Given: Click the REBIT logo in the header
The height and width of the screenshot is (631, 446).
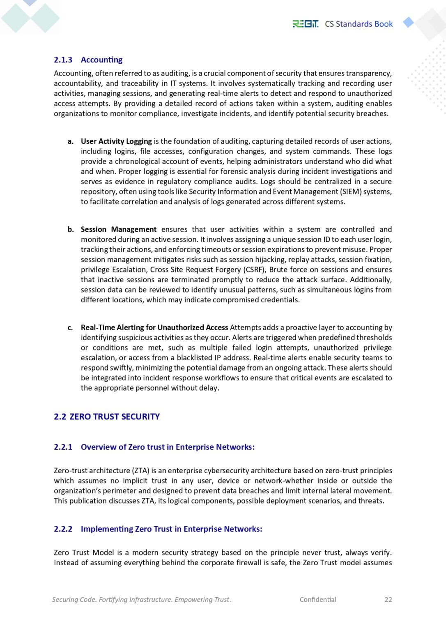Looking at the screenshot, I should coord(305,24).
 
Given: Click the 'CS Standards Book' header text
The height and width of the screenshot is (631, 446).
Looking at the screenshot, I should coord(359,24).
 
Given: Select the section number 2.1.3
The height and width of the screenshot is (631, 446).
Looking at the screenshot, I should coord(63,60).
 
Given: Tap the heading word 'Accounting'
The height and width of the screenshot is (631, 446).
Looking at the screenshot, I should coord(101,60).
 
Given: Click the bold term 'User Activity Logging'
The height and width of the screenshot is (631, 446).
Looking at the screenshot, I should coord(116,141).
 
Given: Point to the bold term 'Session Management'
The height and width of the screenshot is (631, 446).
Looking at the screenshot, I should coord(118,229).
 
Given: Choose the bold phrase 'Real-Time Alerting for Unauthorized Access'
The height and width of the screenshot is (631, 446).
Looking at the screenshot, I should coord(154,327).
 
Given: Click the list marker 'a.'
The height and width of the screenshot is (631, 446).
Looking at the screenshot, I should coord(71,141).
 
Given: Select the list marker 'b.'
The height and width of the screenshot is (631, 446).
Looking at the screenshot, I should coord(71,229).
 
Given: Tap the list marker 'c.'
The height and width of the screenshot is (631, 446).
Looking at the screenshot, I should coord(70,327).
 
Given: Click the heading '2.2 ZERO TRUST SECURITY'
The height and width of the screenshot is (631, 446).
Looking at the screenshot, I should coord(107,417).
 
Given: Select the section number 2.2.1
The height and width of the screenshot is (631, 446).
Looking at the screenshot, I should coord(63,447).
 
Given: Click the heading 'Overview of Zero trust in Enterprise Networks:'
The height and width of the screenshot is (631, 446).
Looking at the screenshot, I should coord(168,447).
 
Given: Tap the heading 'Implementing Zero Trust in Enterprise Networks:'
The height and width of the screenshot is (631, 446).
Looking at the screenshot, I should coord(171,529).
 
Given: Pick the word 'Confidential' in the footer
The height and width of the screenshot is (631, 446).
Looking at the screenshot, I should coord(317,599).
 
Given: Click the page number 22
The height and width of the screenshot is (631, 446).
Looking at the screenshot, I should coord(388,599).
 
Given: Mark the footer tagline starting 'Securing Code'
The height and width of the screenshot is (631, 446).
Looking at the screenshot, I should coord(142,599).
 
